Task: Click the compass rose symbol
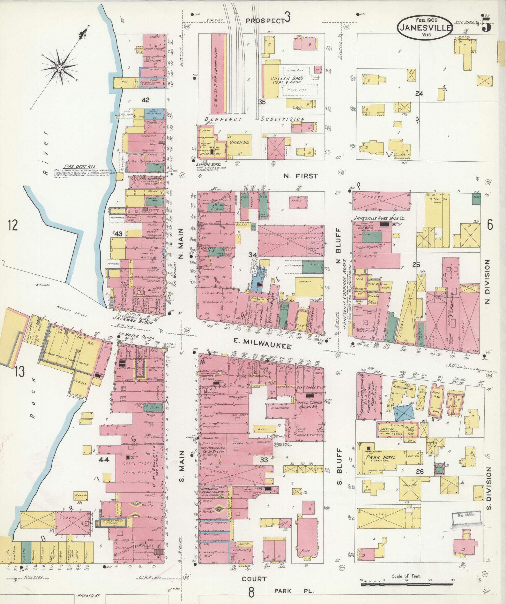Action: click(x=60, y=67)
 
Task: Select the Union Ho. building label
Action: click(x=239, y=142)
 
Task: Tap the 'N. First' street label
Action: click(x=300, y=176)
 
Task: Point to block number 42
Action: click(x=145, y=100)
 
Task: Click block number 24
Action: click(x=419, y=94)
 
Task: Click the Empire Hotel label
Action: click(x=207, y=164)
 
